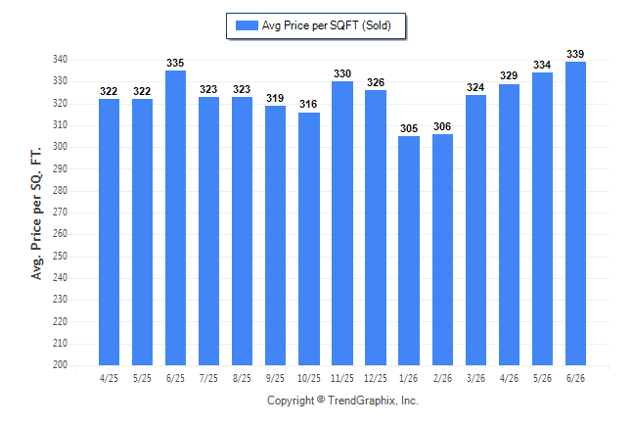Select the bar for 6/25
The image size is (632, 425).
coord(175,218)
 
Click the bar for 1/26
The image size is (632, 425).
coord(409,251)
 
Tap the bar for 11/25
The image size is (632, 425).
coord(342,223)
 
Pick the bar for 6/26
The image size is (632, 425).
coord(575,213)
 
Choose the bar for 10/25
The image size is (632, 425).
coord(309,239)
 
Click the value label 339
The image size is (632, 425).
coord(575,54)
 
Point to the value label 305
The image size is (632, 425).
coord(409,128)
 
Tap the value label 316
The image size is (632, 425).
coord(308,104)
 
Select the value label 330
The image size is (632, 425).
coord(342,73)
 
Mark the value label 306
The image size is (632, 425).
coord(442,126)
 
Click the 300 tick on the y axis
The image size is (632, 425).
coord(60,147)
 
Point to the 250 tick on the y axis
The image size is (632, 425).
coord(60,256)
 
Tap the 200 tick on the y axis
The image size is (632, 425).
coord(60,364)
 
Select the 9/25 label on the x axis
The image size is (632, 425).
coord(275,378)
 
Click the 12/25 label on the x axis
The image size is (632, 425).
coord(376,378)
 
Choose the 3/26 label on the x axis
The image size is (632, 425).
coord(475,378)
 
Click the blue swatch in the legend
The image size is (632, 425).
coord(247,25)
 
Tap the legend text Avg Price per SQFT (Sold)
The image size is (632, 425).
coord(327,25)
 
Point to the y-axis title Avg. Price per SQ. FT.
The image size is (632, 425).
coord(36,213)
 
